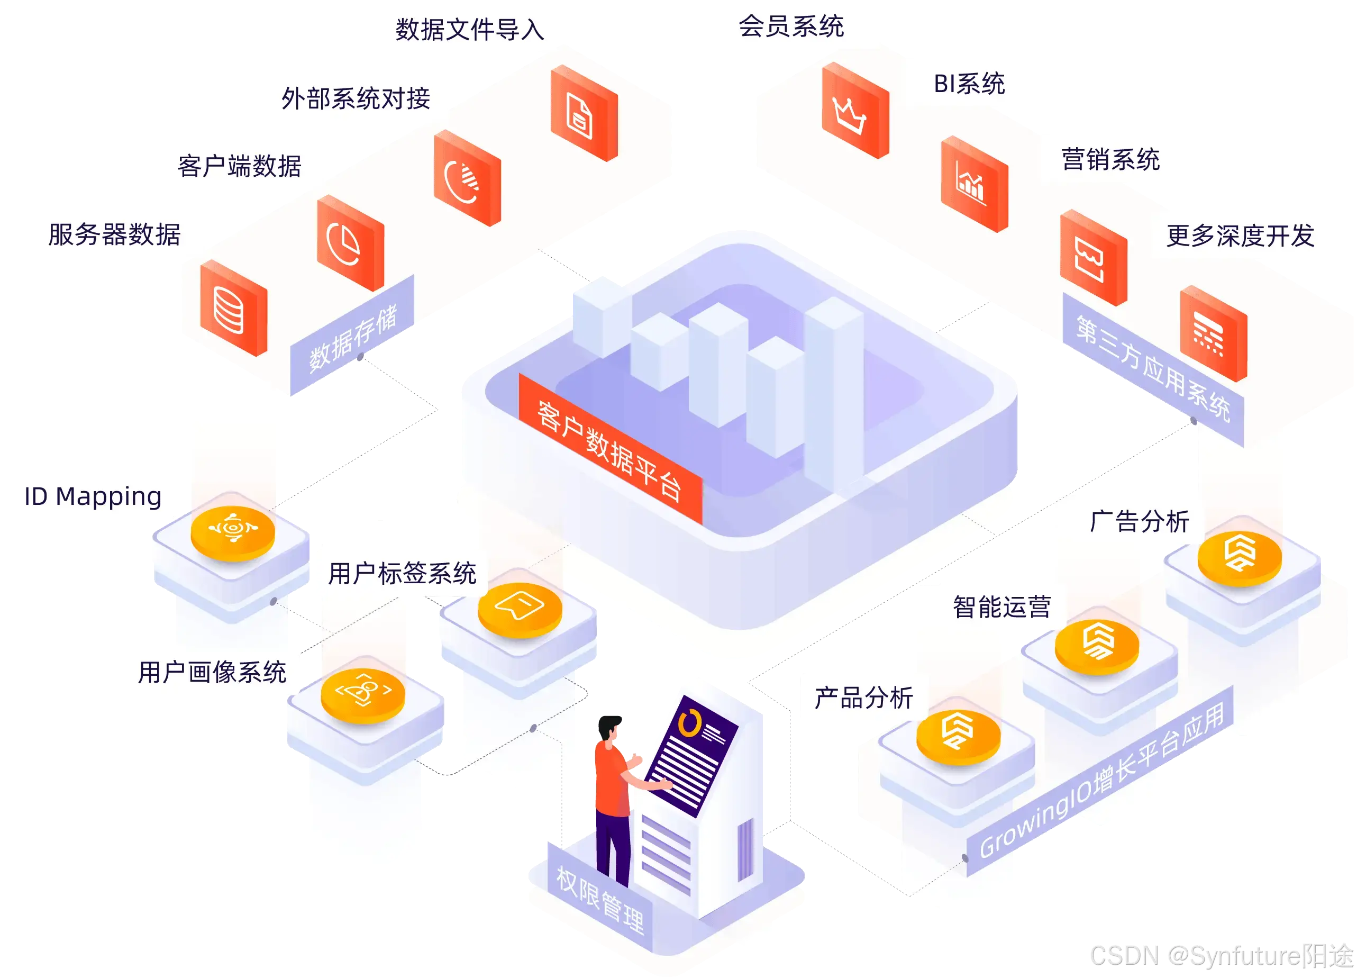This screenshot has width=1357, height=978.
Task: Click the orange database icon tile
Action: pyautogui.click(x=232, y=308)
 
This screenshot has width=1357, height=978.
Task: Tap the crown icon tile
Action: pyautogui.click(x=854, y=111)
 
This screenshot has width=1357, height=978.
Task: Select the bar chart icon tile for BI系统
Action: pyautogui.click(x=973, y=184)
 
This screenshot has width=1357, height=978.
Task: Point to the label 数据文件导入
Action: pyautogui.click(x=470, y=29)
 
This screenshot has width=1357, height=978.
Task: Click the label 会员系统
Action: pyautogui.click(x=791, y=26)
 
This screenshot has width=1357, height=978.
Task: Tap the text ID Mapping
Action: pyautogui.click(x=93, y=496)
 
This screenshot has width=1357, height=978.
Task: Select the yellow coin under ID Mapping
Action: pyautogui.click(x=233, y=531)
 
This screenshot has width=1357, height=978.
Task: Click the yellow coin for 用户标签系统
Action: pyautogui.click(x=520, y=609)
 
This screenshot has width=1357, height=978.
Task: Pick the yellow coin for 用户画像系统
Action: pyautogui.click(x=362, y=694)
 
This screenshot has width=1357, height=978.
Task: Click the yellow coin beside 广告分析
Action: pyautogui.click(x=1239, y=557)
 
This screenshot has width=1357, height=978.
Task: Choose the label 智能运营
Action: pyautogui.click(x=1001, y=607)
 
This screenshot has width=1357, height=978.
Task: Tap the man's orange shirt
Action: pyautogui.click(x=611, y=778)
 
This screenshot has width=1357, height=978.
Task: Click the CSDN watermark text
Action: pyautogui.click(x=1221, y=955)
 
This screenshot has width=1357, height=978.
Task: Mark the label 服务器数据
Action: pyautogui.click(x=114, y=234)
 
